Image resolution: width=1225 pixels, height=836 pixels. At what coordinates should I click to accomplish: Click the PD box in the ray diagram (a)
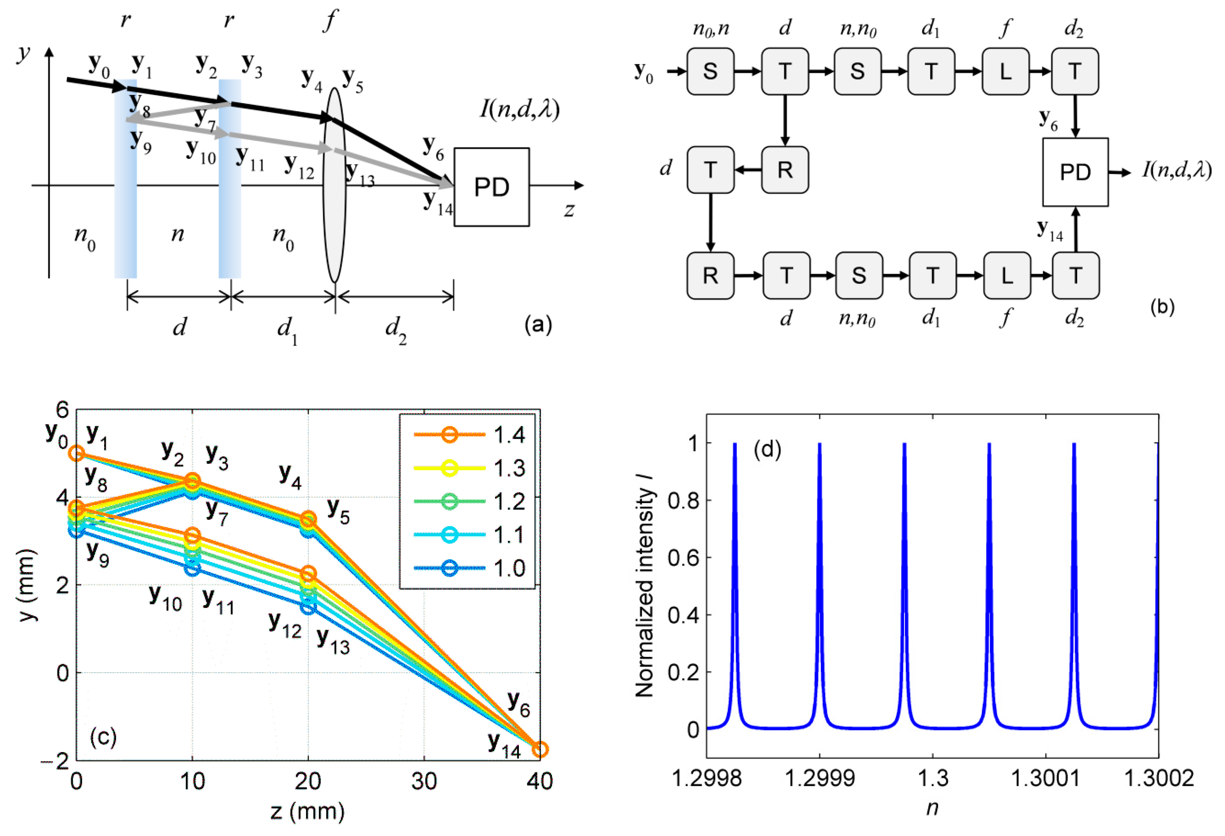click(491, 187)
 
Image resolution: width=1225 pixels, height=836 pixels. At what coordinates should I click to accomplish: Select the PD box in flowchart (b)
click(1075, 172)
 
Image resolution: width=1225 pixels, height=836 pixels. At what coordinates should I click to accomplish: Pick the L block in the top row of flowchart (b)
click(1005, 71)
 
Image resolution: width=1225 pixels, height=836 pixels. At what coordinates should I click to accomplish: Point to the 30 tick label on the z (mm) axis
click(424, 781)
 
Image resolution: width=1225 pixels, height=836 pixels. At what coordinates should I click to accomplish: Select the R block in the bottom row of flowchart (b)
click(710, 275)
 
